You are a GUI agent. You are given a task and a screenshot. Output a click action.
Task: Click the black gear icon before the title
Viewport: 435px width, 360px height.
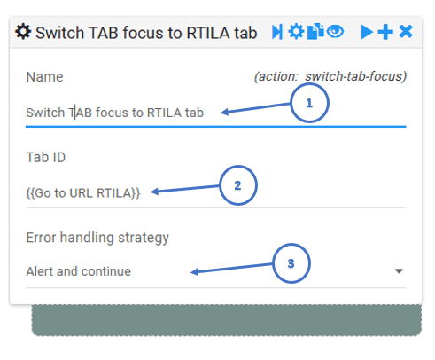23,32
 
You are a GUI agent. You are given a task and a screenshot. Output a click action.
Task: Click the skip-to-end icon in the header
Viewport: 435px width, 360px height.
277,32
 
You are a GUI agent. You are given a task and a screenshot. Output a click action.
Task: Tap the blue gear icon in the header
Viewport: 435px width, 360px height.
296,32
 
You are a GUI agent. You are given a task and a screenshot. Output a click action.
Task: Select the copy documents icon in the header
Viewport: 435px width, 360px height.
315,31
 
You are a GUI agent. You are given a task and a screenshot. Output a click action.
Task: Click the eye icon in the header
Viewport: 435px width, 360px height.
335,31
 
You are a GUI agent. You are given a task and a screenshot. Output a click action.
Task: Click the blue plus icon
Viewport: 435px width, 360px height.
385,32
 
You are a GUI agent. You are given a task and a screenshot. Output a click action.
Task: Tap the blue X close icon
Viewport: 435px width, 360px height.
406,32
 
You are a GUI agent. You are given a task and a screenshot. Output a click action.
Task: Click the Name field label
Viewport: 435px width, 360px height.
44,77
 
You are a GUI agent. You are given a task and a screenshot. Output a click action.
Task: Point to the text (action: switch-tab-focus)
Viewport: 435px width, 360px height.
330,76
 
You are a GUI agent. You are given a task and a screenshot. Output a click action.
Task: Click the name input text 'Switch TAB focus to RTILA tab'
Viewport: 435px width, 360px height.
115,113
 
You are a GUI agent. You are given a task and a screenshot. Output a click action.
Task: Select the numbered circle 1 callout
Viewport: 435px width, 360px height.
309,103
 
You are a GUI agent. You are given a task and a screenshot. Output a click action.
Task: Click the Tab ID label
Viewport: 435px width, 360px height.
46,157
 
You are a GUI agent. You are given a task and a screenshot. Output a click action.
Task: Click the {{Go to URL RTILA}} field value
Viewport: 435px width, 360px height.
83,193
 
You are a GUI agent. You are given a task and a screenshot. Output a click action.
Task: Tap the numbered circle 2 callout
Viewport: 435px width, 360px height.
238,185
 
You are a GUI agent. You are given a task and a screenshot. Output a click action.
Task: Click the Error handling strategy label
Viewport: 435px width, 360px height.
97,238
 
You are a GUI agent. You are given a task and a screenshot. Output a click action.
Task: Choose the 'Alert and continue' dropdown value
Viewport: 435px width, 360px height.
79,271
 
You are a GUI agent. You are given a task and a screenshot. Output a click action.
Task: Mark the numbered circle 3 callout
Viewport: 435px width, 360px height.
291,263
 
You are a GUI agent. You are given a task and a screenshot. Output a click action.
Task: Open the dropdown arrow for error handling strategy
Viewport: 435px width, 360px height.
399,271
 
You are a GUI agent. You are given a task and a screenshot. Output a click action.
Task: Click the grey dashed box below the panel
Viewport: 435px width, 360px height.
227,320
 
